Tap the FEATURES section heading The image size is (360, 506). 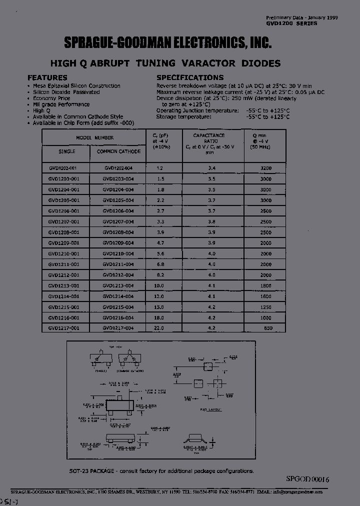tap(47, 77)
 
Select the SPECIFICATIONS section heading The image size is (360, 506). tap(190, 77)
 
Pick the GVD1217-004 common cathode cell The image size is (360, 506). tap(118, 328)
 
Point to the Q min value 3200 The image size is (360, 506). tap(265, 168)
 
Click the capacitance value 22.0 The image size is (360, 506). tap(159, 328)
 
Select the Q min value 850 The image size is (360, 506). tap(268, 328)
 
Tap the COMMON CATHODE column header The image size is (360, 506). tap(118, 151)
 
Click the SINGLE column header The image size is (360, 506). tap(66, 151)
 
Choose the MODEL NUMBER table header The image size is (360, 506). tap(94, 137)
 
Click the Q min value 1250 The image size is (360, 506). tap(265, 306)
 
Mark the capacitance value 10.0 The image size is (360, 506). tap(159, 285)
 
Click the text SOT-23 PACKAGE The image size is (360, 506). tap(93, 471)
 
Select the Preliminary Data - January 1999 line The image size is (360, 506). tap(301, 17)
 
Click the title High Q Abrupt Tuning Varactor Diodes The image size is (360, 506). tap(165, 63)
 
